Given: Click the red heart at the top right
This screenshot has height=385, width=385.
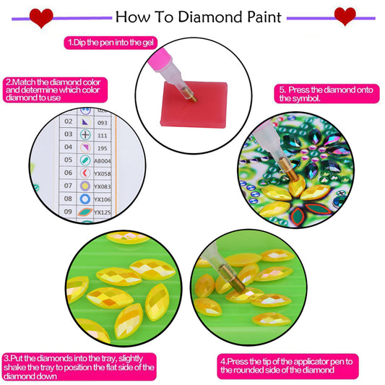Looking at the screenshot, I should pos(345,14).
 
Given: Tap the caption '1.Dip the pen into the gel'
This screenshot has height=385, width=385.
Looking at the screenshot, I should pos(109,43).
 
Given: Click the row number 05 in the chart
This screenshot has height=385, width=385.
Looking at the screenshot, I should pos(68,160).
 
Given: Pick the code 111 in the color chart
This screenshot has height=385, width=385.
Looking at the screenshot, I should pos(103,135).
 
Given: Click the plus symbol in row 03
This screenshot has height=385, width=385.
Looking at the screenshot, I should pos(85,135).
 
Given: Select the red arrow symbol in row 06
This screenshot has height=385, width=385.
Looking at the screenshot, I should pos(85,173).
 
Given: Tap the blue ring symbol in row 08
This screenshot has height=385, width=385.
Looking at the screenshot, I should pos(85,199).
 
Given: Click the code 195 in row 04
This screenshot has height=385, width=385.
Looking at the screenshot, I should pos(103,147).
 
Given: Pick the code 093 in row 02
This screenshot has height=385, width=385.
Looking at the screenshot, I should pos(103,122).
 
